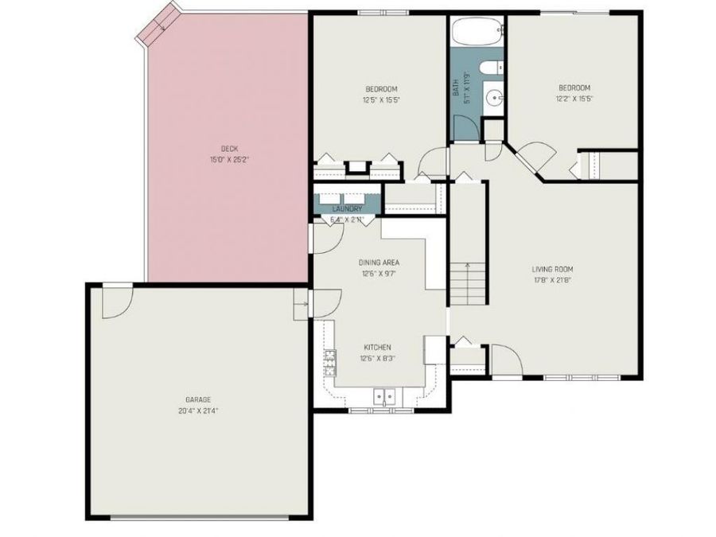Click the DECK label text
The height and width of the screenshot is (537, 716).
(x=230, y=148)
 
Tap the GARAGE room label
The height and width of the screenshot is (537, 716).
(x=198, y=399)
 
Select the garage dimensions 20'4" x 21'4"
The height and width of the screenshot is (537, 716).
(x=198, y=411)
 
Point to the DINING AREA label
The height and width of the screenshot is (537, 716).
(x=379, y=262)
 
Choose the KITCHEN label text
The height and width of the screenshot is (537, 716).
(x=377, y=347)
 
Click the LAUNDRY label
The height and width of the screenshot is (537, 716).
(x=347, y=209)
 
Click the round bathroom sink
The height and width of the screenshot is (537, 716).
(x=494, y=99)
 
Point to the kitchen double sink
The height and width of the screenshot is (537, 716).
(x=385, y=395)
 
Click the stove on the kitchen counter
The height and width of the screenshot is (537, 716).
(x=328, y=363)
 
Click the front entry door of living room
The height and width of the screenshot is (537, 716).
(x=504, y=360)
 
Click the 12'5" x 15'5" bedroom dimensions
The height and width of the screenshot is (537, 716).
(x=381, y=99)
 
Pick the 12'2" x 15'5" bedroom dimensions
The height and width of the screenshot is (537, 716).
(x=574, y=99)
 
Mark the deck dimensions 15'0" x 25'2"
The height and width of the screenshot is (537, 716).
(x=230, y=160)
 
